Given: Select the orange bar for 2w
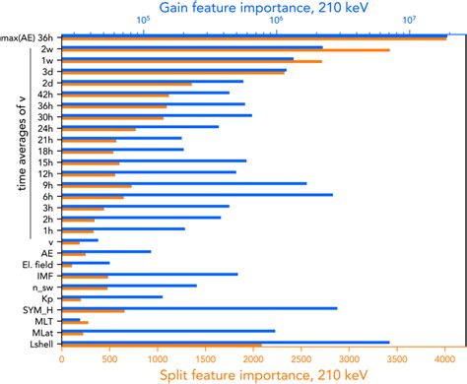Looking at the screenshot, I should [x=226, y=50].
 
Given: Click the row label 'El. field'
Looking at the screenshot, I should [x=38, y=264].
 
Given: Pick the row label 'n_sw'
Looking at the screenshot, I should [x=42, y=286].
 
